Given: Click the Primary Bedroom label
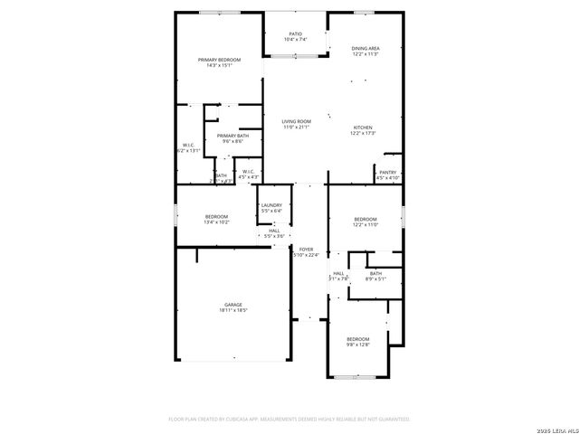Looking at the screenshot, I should click(x=219, y=60).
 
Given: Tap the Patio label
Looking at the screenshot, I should click(x=296, y=33).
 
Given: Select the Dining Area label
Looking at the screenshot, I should click(x=365, y=48).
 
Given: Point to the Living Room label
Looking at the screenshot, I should click(x=296, y=121).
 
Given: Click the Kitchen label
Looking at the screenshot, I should click(x=362, y=127).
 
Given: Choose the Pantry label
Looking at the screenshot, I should click(x=388, y=172).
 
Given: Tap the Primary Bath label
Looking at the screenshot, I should click(x=233, y=136).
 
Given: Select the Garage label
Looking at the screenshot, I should click(x=233, y=305).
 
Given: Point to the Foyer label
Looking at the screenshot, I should click(x=307, y=249).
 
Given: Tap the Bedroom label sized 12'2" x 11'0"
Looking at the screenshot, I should click(x=365, y=220).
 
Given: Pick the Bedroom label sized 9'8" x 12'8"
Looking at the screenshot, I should click(x=358, y=339).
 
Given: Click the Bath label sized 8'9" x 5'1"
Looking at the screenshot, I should click(x=375, y=273).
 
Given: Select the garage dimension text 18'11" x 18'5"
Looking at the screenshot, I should click(x=233, y=311).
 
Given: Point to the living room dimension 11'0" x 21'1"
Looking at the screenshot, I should click(x=296, y=127).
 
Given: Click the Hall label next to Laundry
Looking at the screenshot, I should click(x=274, y=230).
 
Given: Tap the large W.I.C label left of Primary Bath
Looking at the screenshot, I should click(x=188, y=145).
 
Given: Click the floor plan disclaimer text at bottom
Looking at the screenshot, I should click(x=289, y=420).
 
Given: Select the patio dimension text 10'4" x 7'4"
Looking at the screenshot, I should click(x=296, y=40).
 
